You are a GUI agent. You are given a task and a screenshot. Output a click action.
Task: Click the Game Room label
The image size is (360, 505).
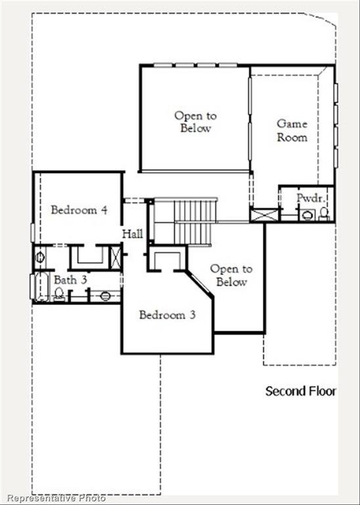click(292, 130)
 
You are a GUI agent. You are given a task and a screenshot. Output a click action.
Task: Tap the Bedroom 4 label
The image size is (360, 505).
click(79, 210)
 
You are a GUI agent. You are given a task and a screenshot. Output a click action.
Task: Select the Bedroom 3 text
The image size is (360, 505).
click(167, 315)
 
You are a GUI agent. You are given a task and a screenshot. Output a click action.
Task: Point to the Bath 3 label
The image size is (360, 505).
click(70, 280)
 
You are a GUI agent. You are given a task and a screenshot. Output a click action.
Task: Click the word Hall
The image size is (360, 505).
click(131, 233)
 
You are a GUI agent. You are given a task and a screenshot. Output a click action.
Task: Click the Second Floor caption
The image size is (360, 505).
click(300, 391)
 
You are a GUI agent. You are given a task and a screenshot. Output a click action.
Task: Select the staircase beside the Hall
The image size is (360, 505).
click(194, 221)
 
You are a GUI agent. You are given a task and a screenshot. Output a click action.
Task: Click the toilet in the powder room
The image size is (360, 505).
click(324, 213)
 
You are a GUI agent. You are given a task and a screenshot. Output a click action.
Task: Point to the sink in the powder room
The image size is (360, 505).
click(307, 214)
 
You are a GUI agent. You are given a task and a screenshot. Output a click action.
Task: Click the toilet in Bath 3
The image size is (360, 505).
click(59, 294)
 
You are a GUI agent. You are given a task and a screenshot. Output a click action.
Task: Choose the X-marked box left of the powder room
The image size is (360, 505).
click(265, 215)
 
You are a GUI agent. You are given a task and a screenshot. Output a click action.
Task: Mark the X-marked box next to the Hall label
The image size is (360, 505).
click(116, 256)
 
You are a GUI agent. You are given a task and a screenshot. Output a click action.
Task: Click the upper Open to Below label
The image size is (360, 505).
click(195, 122)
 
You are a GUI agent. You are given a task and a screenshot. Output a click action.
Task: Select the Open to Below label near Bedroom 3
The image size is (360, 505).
click(231, 276)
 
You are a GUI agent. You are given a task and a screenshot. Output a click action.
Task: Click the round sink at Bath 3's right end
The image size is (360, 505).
click(105, 296)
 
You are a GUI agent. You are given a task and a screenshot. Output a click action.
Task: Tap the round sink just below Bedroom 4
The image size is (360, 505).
click(40, 257)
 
